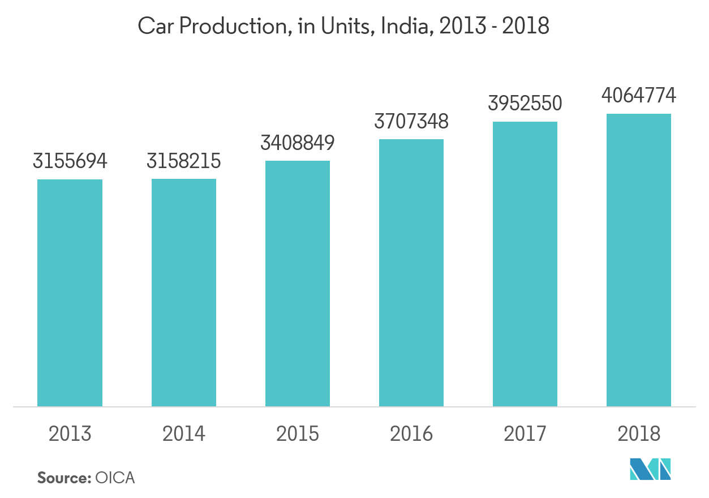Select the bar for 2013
(70, 293)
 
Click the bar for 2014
(183, 293)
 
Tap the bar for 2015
(297, 284)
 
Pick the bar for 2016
(411, 273)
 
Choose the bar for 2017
(525, 264)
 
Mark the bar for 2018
(639, 260)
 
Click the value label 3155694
(70, 162)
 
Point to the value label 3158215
(183, 162)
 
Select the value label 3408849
(297, 143)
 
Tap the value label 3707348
(411, 121)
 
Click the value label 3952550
(525, 104)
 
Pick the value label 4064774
(639, 96)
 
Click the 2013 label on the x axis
(70, 434)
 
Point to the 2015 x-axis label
(297, 434)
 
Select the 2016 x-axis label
(411, 434)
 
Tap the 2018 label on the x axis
(639, 434)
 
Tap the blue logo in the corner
(650, 469)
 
